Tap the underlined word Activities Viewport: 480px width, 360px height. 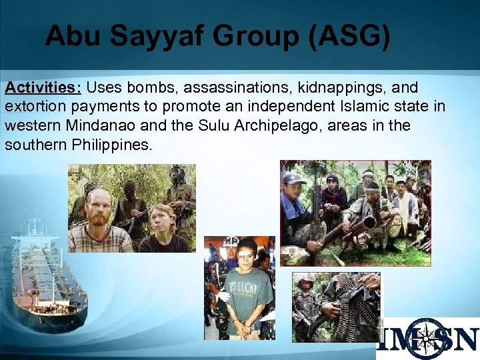click(x=43, y=88)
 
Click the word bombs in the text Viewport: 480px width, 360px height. click(x=155, y=88)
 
